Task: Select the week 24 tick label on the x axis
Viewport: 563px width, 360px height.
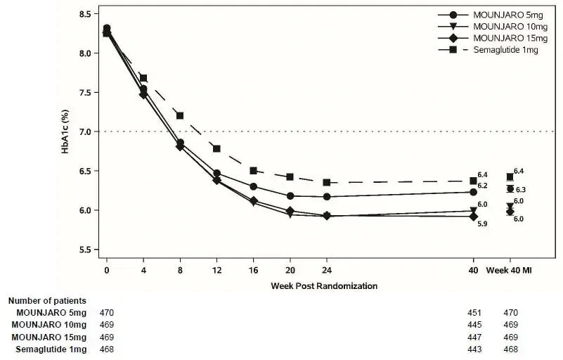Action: pos(327,269)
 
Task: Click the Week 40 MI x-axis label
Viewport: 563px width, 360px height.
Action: pos(510,269)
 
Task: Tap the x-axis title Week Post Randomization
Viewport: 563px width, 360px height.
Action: pos(324,286)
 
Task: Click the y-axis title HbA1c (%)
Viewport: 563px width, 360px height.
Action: pos(65,131)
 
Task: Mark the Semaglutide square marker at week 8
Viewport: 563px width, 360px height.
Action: pos(180,115)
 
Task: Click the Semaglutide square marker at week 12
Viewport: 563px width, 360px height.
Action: pos(216,148)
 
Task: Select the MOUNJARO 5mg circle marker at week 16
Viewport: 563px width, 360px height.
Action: pos(253,186)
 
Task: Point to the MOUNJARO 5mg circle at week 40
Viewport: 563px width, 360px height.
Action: pos(473,192)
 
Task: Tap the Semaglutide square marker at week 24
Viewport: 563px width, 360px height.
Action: pos(327,182)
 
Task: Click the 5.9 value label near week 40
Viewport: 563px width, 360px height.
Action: pos(483,224)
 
